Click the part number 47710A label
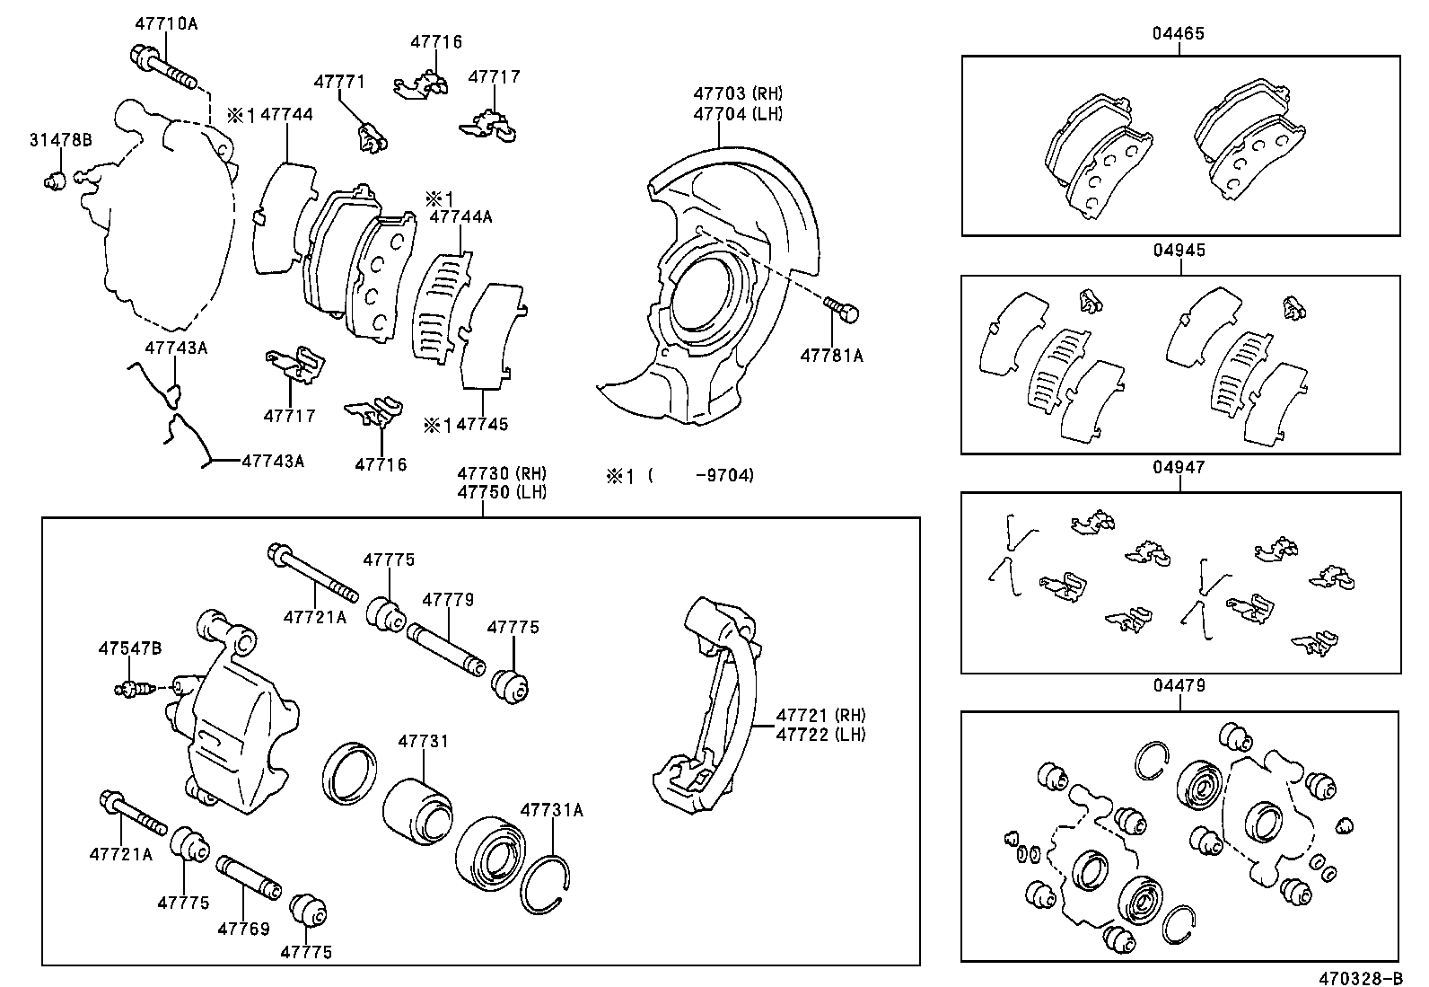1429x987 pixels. (166, 24)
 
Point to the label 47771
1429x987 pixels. (338, 82)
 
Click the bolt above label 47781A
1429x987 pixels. (843, 310)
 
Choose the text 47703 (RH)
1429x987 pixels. (738, 93)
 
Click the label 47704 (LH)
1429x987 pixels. (738, 113)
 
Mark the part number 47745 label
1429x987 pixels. (482, 424)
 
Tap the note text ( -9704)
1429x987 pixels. (700, 475)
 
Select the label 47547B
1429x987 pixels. (130, 648)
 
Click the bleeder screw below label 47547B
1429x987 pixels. (131, 689)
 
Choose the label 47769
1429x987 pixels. (243, 930)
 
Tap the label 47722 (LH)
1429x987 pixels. (820, 735)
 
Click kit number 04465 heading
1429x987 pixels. (1179, 34)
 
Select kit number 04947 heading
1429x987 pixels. (1179, 468)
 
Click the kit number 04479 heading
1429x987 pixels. (1179, 686)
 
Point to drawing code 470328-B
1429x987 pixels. (1360, 977)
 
